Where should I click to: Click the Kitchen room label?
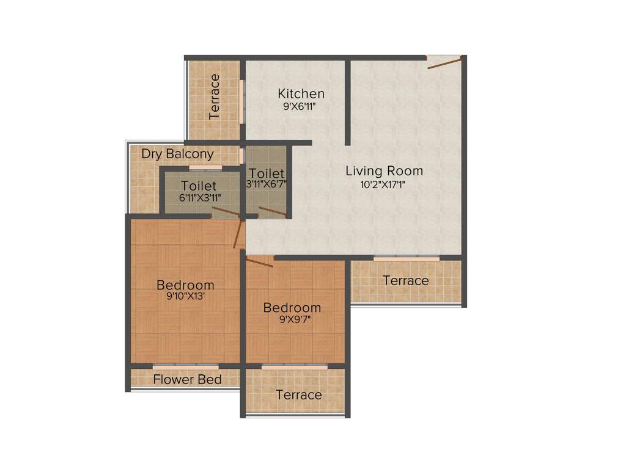301,93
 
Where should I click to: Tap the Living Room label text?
384,170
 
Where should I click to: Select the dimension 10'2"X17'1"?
384,184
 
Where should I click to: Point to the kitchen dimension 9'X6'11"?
301,106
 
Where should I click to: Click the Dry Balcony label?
177,154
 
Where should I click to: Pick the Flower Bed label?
187,379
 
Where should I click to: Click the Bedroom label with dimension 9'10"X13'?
185,285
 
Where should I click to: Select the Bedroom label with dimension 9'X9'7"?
292,308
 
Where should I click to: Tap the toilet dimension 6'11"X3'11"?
199,197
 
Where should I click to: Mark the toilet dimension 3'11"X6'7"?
267,183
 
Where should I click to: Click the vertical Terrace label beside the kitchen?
215,96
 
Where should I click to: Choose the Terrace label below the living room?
405,280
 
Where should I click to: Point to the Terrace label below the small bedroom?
298,394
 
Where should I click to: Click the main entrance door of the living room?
444,62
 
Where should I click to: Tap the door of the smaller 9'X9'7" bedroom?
259,261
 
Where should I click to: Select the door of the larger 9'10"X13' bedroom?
238,234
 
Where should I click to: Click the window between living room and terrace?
406,258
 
